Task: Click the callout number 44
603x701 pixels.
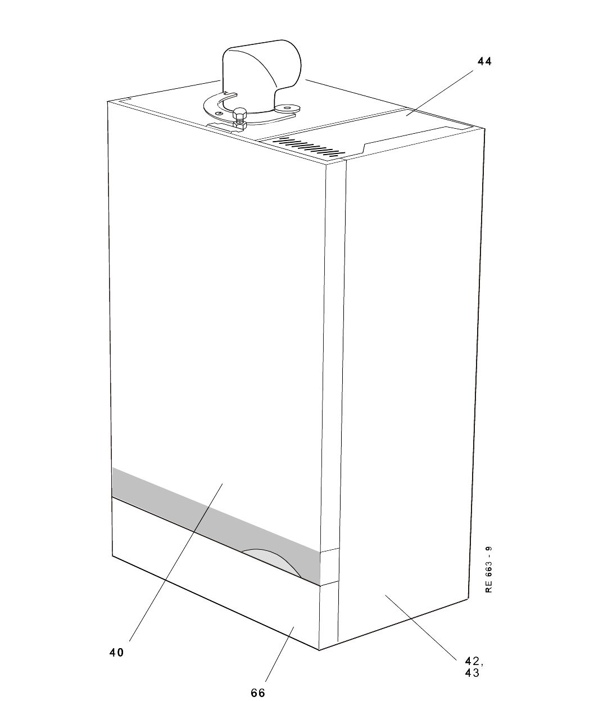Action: click(x=484, y=62)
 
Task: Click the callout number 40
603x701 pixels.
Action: click(x=116, y=653)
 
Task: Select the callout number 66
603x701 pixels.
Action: click(x=258, y=693)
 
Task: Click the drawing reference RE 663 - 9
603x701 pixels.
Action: click(x=489, y=569)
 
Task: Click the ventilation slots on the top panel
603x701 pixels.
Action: click(x=308, y=147)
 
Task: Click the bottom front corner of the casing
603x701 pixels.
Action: click(x=319, y=649)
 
